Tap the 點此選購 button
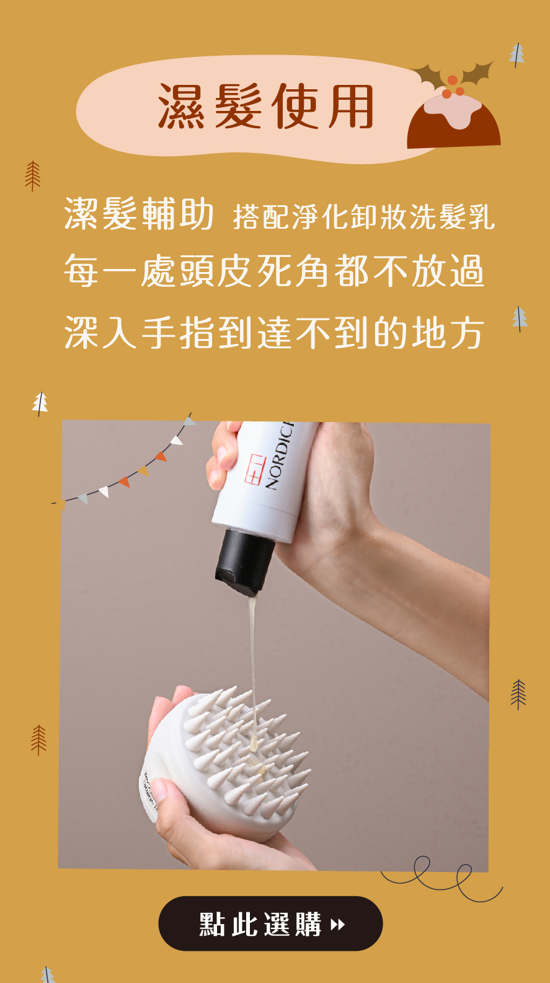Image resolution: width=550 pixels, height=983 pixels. click(x=270, y=923)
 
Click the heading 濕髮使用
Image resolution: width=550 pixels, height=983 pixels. click(x=266, y=107)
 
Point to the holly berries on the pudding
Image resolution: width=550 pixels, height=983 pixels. click(x=453, y=87)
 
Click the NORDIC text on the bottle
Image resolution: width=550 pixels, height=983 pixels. click(x=280, y=456)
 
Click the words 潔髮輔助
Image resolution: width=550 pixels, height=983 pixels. click(x=139, y=214)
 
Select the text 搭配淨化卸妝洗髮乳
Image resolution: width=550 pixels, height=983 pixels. click(x=364, y=217)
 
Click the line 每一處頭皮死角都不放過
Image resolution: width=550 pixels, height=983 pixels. click(x=274, y=271)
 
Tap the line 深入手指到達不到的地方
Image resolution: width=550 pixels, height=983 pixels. click(x=274, y=332)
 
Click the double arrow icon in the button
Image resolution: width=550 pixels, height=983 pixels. click(x=337, y=925)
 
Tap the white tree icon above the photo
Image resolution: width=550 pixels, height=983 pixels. click(x=40, y=403)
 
